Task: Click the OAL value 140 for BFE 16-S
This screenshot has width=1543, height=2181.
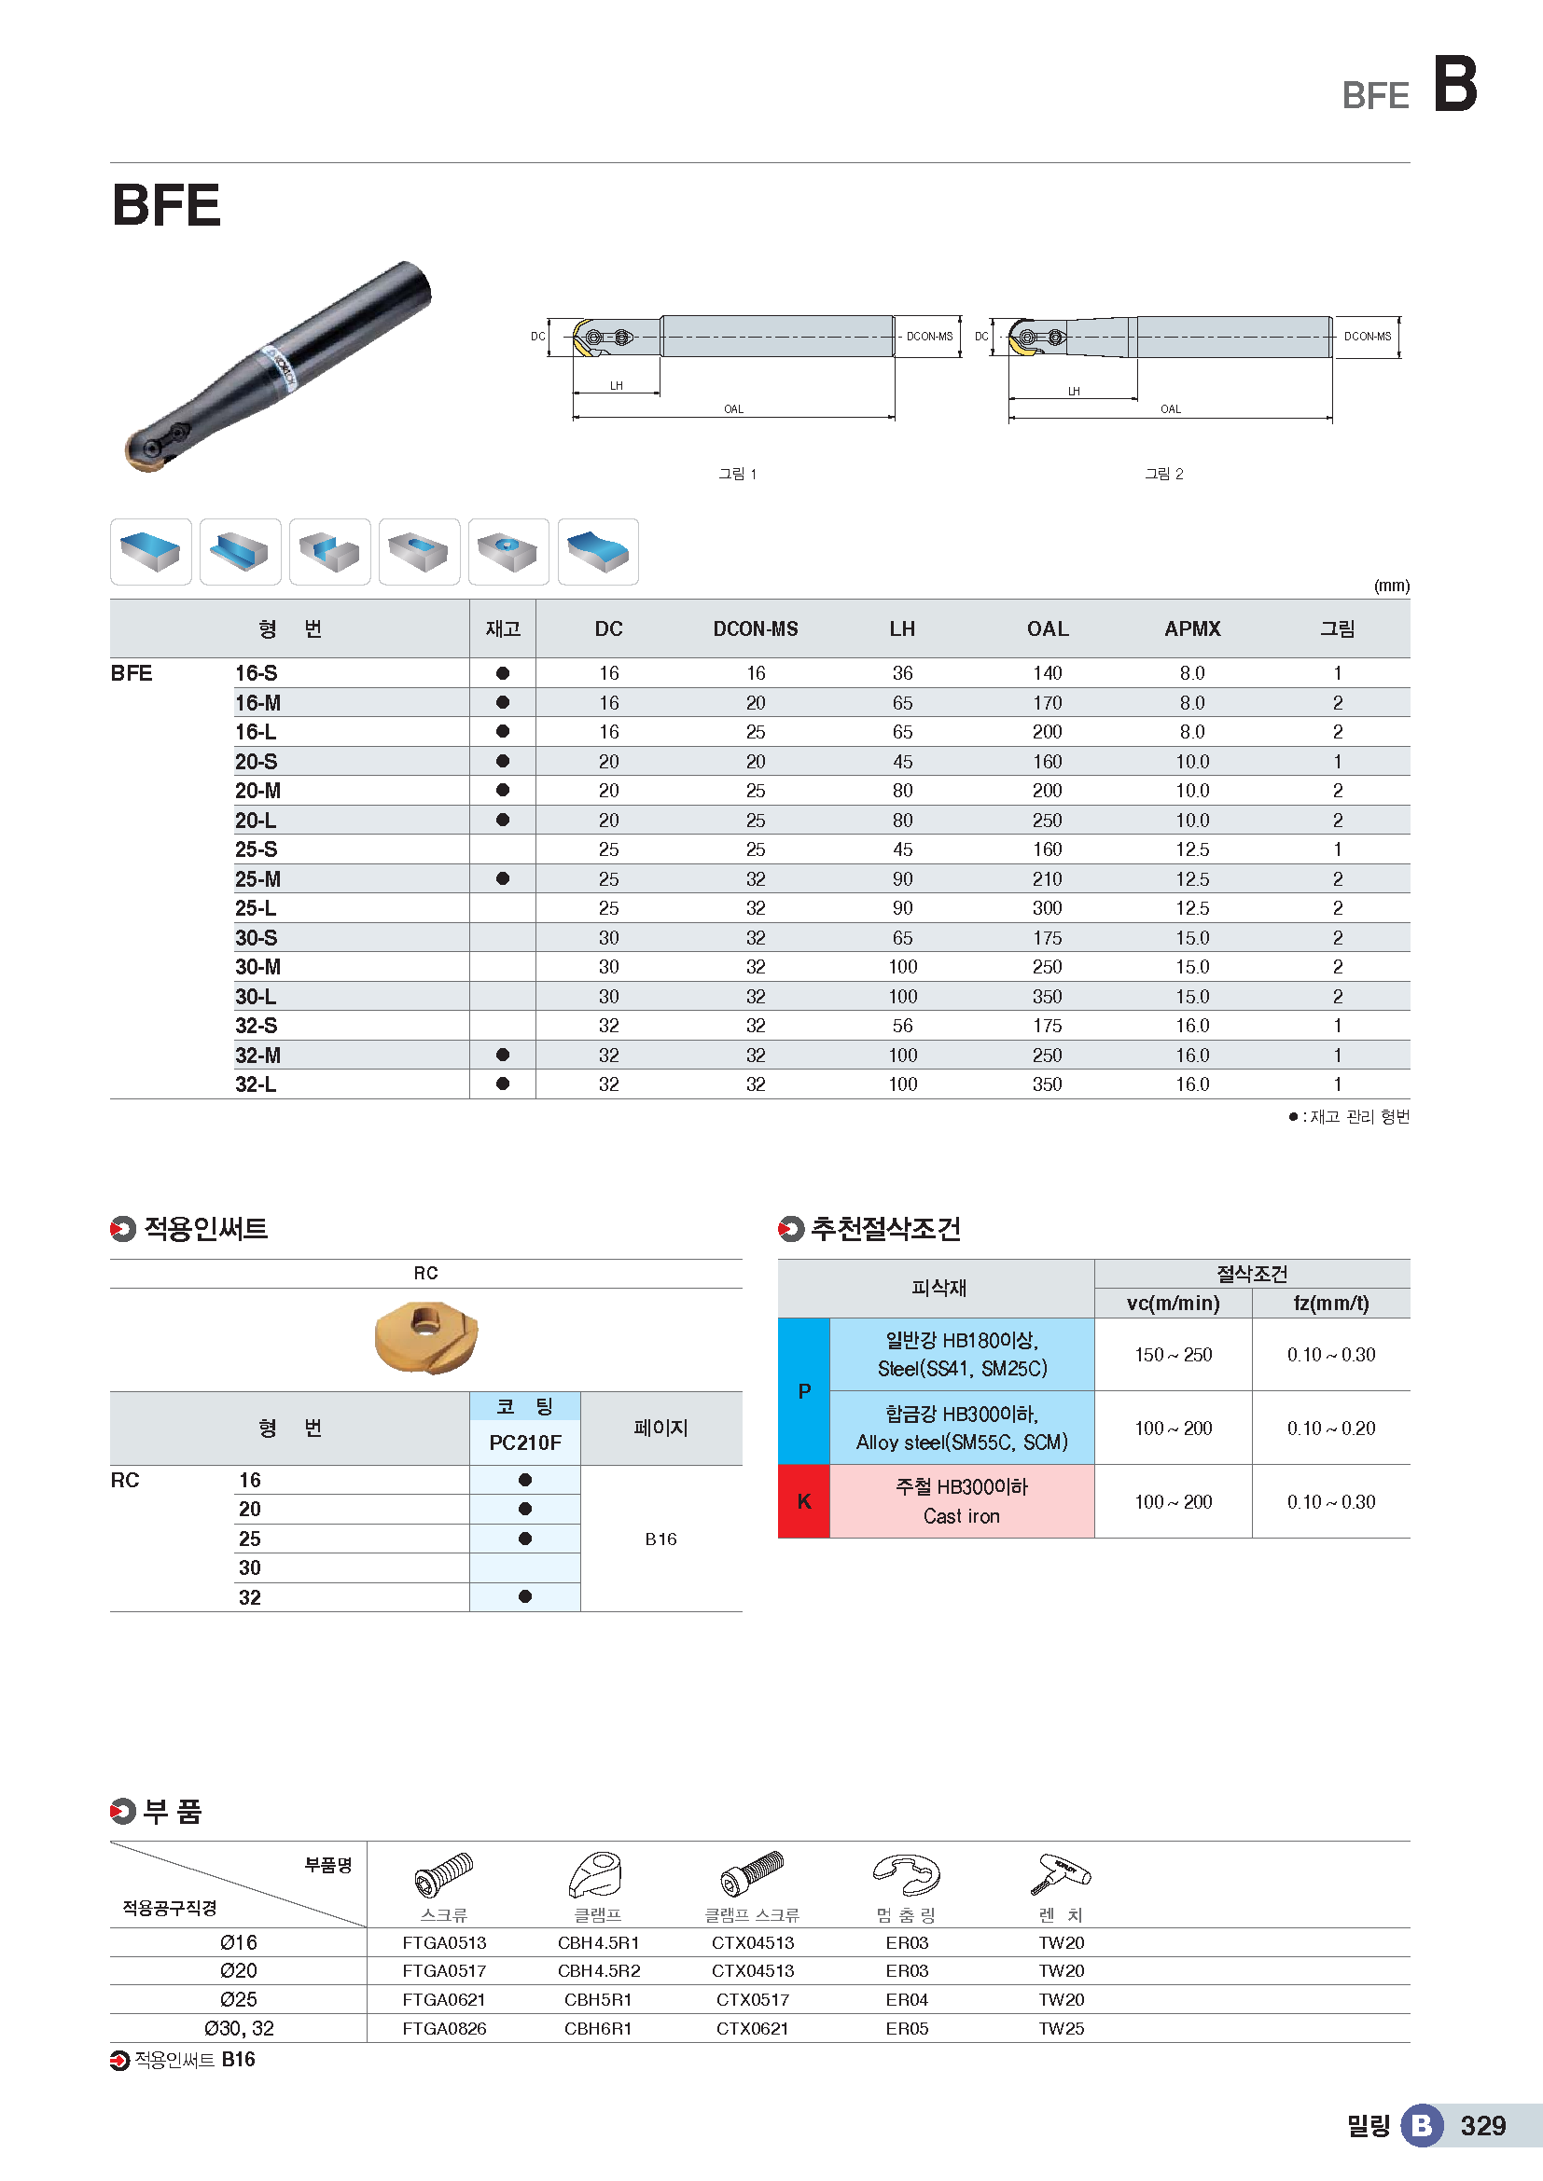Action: (x=1047, y=673)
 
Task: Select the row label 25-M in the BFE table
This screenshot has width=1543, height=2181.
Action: (x=257, y=878)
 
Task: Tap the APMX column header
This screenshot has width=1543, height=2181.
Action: (x=1192, y=628)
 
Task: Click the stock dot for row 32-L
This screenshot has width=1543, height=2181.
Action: (x=503, y=1084)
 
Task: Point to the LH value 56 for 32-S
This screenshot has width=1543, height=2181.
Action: (x=902, y=1026)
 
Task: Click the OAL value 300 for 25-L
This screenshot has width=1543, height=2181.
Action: (x=1047, y=908)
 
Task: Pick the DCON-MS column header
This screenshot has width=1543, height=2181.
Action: (x=756, y=628)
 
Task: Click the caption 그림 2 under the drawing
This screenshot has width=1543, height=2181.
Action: (x=1164, y=474)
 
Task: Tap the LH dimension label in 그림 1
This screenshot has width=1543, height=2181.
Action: (x=617, y=386)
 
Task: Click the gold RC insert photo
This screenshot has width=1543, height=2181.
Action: (x=426, y=1337)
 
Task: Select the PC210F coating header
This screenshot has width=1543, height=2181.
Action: (x=524, y=1442)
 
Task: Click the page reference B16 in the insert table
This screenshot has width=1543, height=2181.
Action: (x=660, y=1539)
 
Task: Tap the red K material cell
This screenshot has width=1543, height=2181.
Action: (x=804, y=1501)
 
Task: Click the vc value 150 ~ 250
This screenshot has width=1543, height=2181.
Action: (x=1174, y=1355)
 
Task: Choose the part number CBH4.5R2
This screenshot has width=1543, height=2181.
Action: (x=599, y=1971)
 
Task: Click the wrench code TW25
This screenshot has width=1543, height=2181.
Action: (x=1062, y=2029)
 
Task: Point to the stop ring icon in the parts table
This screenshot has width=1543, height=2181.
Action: (x=907, y=1875)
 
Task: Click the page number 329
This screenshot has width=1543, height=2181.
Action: (x=1482, y=2126)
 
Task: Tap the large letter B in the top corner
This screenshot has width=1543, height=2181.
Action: (x=1454, y=84)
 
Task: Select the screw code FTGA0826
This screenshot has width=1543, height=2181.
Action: (x=444, y=2029)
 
